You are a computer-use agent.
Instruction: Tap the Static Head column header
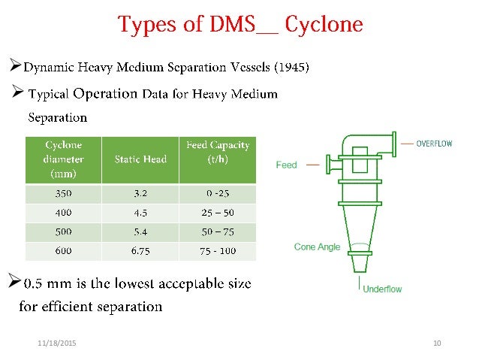140,159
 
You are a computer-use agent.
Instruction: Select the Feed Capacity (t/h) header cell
218,153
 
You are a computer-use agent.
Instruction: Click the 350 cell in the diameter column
63,193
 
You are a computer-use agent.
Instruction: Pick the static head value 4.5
140,212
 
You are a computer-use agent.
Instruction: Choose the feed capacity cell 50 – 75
218,231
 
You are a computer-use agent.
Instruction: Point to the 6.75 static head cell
140,251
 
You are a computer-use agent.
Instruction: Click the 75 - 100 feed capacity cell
218,251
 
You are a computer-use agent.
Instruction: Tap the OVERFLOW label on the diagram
434,143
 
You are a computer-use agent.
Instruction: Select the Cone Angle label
317,247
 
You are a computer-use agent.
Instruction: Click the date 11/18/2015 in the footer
56,343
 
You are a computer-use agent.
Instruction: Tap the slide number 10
437,343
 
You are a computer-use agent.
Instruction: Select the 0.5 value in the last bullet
34,285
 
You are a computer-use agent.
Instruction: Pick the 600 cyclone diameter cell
63,251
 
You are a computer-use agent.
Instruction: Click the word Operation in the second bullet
105,94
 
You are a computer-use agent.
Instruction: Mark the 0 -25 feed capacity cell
218,193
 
